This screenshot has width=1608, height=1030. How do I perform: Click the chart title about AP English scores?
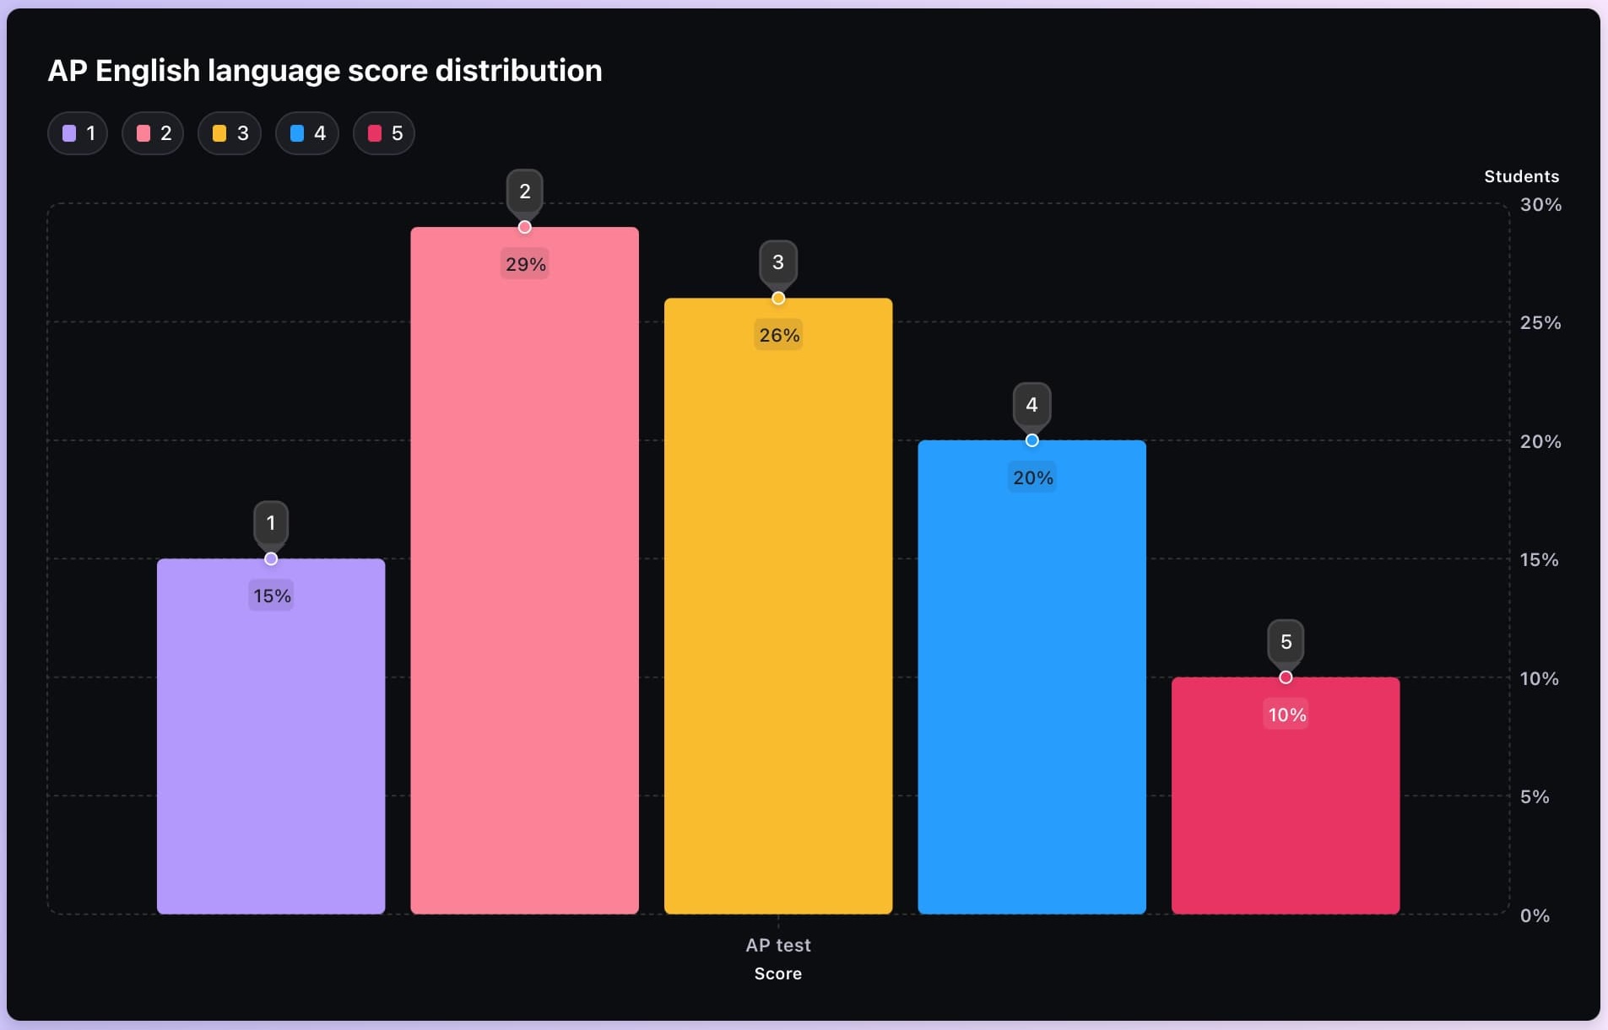point(324,71)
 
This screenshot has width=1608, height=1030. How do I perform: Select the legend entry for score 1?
point(78,133)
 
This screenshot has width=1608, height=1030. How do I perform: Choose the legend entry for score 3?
point(230,133)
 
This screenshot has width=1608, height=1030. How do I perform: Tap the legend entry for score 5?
point(384,133)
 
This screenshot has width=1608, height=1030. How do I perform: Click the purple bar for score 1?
point(271,759)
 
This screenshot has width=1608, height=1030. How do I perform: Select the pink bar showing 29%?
point(524,590)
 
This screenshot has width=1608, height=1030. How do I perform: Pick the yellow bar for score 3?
point(777,633)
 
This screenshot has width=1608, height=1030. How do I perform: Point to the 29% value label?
point(525,264)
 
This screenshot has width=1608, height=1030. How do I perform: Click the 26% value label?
point(778,335)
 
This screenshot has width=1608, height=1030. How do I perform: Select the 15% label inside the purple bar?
point(272,596)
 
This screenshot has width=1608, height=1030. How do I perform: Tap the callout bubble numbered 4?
point(1031,405)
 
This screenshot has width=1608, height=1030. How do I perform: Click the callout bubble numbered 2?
point(524,191)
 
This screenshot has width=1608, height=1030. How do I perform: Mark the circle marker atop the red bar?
point(1286,677)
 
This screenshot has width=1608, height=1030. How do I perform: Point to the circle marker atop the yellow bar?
point(778,298)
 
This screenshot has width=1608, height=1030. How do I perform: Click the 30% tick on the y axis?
point(1540,204)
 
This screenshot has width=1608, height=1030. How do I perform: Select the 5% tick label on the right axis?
point(1535,796)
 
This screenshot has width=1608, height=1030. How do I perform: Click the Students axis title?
point(1521,176)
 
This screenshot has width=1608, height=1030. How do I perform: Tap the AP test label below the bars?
point(777,945)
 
